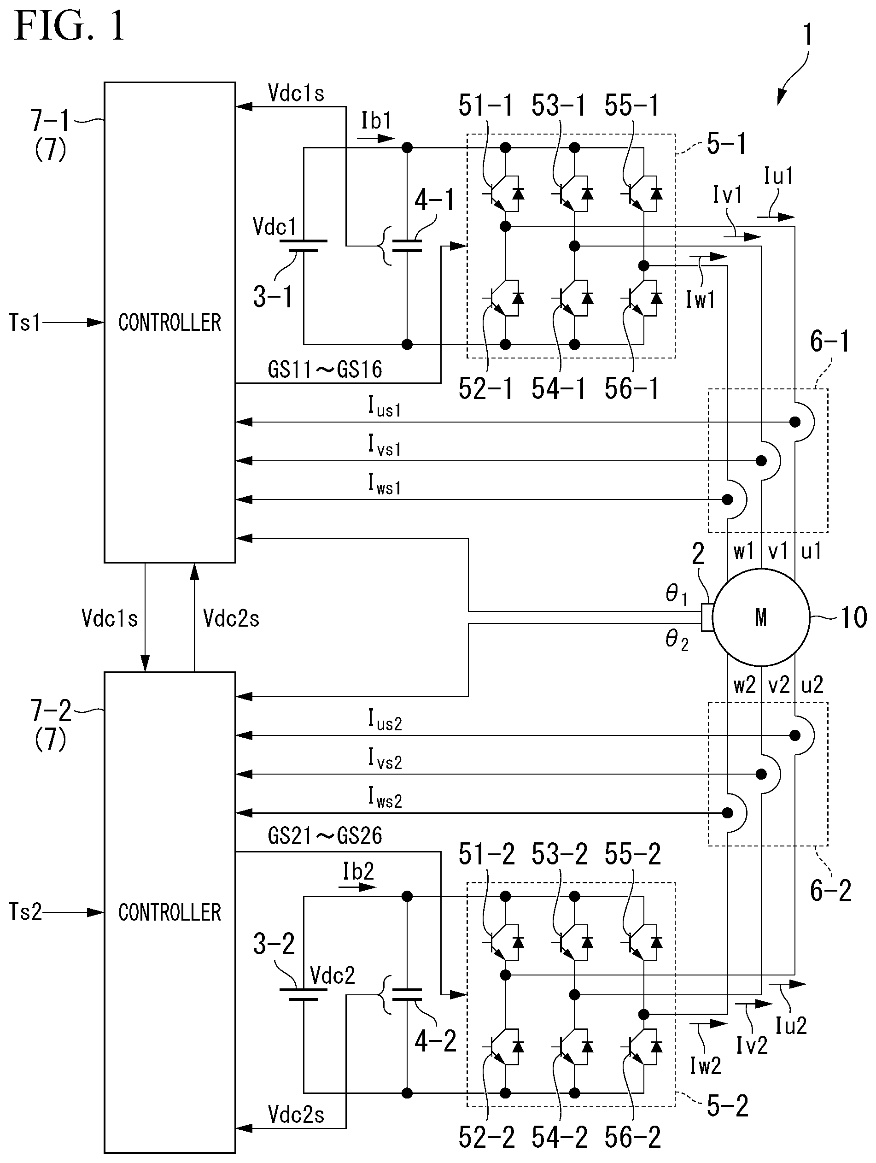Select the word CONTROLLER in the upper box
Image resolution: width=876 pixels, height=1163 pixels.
[170, 322]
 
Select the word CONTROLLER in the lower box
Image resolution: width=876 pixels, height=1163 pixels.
[170, 912]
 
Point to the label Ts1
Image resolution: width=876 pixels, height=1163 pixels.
[25, 322]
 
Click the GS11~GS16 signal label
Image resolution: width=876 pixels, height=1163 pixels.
[325, 370]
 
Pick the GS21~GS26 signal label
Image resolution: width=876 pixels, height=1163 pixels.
[325, 835]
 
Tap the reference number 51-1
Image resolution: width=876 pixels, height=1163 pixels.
[485, 106]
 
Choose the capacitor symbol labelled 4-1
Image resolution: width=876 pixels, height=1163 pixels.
[407, 246]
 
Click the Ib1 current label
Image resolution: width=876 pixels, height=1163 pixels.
[376, 120]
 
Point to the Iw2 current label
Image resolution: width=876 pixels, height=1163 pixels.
[705, 1066]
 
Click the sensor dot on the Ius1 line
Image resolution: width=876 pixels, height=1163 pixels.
[795, 422]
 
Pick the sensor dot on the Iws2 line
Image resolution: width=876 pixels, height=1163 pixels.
[727, 813]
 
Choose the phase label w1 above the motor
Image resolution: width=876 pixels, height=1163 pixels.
[744, 551]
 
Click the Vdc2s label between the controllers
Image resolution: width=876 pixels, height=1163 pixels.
[231, 618]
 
